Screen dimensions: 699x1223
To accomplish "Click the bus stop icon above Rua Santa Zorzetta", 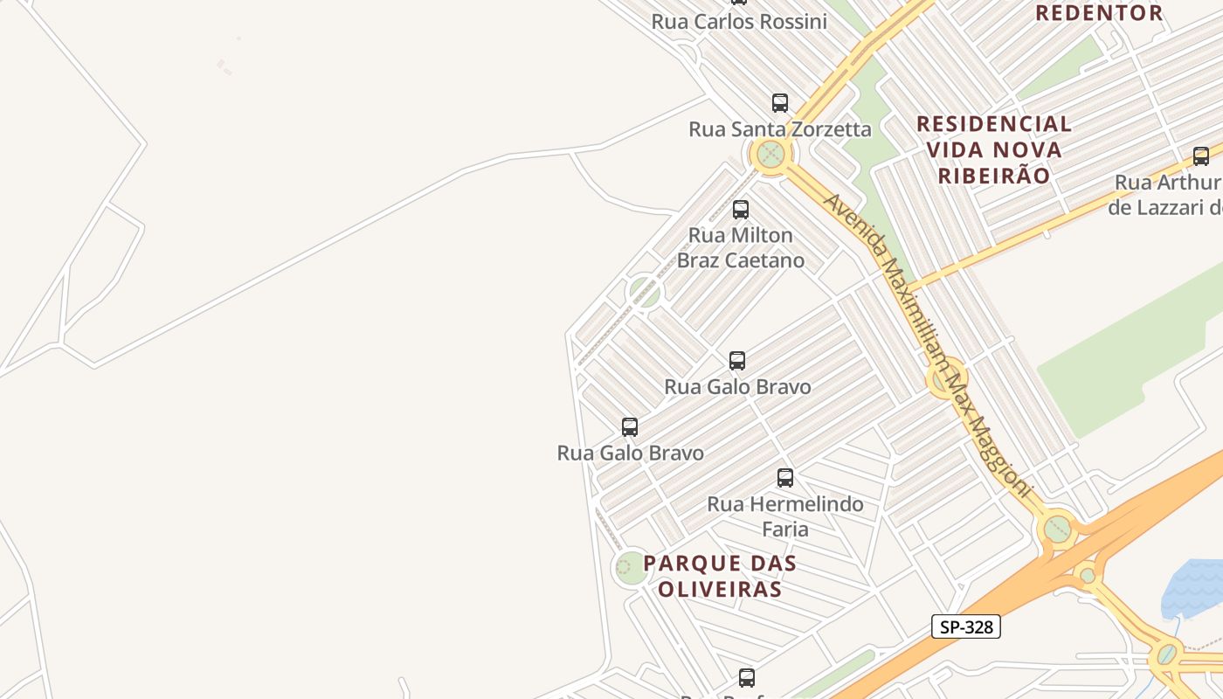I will [780, 102].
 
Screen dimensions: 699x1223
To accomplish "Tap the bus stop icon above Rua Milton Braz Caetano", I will [741, 209].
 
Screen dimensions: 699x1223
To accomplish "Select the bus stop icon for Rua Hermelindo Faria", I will [785, 477].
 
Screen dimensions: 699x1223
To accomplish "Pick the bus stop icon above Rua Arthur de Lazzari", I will [1201, 156].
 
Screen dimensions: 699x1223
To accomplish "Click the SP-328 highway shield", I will [965, 626].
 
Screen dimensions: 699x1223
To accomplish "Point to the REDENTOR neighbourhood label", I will [1098, 13].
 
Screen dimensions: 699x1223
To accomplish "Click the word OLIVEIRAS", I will [720, 589].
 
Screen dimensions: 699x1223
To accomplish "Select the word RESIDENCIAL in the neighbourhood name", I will [993, 123].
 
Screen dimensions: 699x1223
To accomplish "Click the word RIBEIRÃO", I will [993, 175].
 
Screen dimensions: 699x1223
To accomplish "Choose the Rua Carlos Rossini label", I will [739, 22].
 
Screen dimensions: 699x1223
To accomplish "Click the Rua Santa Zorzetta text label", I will [780, 129].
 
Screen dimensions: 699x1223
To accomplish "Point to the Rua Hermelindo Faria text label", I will [785, 516].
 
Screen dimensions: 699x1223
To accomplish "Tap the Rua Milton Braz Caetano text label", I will [741, 247].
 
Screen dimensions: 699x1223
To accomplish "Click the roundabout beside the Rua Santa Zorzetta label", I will [770, 155].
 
